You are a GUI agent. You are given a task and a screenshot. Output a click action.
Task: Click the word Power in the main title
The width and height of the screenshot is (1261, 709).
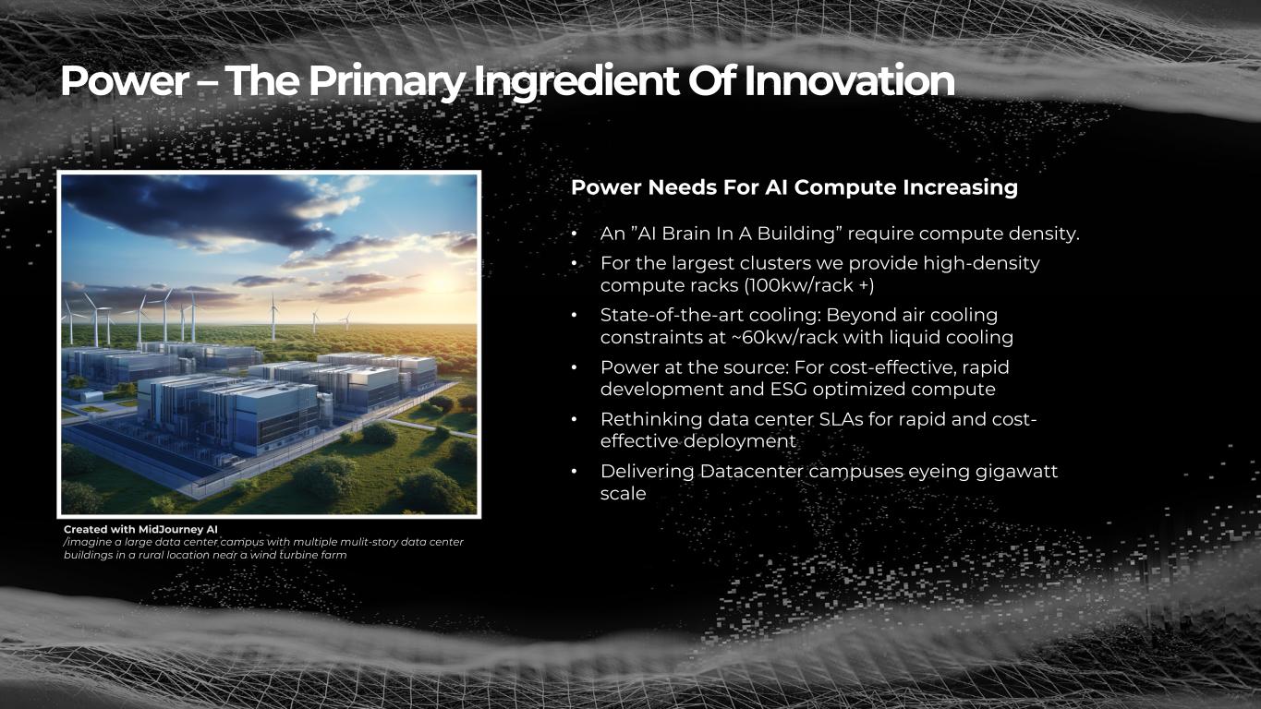(125, 81)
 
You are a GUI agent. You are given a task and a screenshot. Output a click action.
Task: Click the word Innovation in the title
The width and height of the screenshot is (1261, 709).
(850, 81)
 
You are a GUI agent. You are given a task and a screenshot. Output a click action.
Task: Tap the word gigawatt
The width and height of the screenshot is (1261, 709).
(1017, 472)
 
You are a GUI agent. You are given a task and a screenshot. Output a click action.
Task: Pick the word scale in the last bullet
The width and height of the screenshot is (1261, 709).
(624, 494)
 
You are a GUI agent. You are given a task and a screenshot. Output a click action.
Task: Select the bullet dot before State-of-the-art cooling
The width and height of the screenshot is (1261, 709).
(575, 316)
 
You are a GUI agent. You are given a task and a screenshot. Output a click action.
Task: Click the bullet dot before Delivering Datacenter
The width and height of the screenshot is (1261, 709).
(575, 472)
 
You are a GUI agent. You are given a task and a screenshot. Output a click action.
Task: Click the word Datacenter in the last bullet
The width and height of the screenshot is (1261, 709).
(751, 471)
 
